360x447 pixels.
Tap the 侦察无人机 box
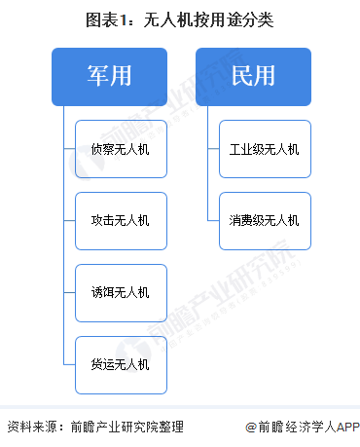click(x=120, y=149)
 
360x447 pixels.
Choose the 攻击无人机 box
click(x=120, y=221)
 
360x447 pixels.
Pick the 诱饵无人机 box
click(x=120, y=292)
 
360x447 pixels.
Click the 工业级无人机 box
click(x=264, y=149)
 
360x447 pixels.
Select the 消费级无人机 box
click(x=264, y=221)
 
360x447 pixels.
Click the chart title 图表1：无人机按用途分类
click(x=180, y=19)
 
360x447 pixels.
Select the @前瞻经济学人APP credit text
click(x=302, y=427)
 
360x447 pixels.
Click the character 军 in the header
click(x=90, y=75)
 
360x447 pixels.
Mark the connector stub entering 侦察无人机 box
click(x=68, y=149)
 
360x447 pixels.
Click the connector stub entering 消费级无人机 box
click(x=212, y=221)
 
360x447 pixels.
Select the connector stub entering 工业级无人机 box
click(x=212, y=149)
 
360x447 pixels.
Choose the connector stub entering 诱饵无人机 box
click(x=68, y=292)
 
